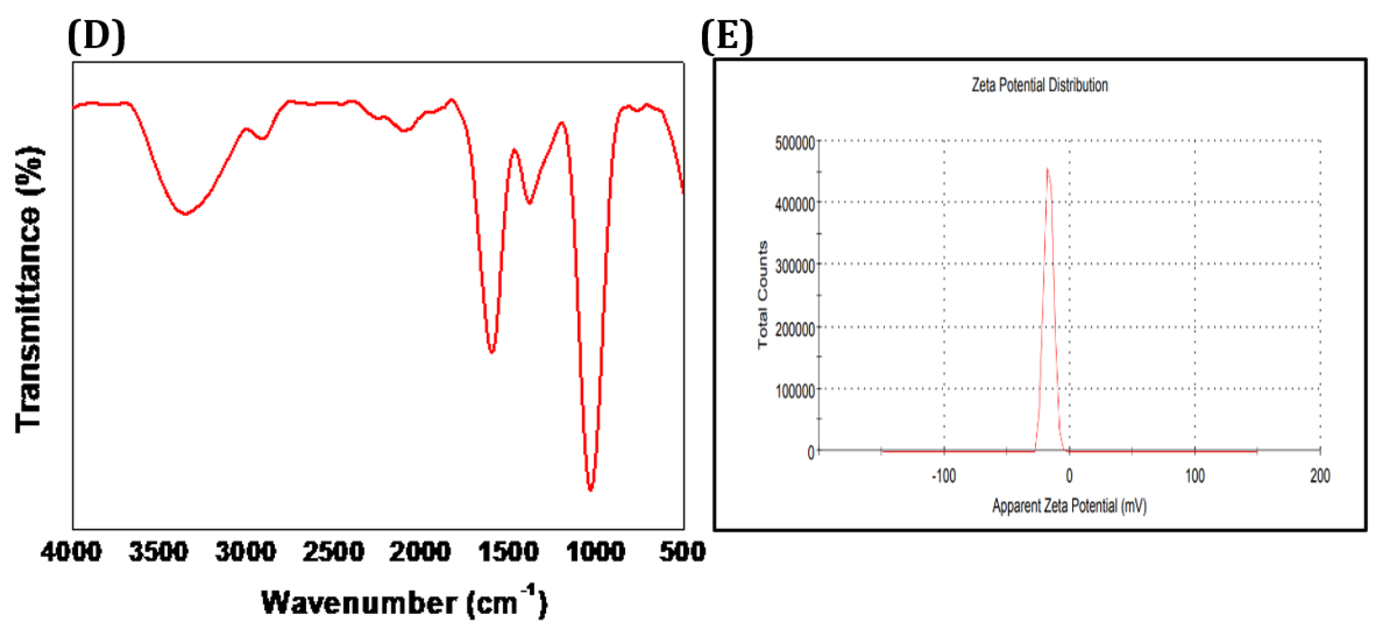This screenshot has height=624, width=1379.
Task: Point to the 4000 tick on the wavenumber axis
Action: click(71, 551)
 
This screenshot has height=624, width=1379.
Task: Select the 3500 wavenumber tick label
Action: click(159, 551)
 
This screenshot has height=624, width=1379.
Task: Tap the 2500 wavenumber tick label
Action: click(333, 551)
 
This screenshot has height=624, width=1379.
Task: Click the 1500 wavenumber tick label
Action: click(508, 551)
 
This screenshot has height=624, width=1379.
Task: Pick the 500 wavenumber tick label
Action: click(682, 551)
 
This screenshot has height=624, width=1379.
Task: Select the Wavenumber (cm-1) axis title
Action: click(404, 602)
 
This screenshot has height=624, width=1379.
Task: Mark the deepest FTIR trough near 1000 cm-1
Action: click(591, 488)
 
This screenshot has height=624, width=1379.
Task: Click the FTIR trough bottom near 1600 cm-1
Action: click(491, 352)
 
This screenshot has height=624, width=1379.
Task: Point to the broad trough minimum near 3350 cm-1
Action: click(185, 213)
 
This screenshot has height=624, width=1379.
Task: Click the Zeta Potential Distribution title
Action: click(1039, 85)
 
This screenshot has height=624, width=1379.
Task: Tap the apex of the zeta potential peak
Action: click(1047, 169)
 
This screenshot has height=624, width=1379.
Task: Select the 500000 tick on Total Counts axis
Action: click(794, 143)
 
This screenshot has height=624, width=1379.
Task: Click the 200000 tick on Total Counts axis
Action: click(794, 328)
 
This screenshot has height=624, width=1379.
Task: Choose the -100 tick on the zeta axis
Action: click(944, 475)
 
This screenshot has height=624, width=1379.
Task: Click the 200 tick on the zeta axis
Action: click(1320, 475)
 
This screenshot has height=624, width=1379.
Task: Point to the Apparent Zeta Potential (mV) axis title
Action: click(1069, 505)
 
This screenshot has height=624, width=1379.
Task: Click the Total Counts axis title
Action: click(763, 295)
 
